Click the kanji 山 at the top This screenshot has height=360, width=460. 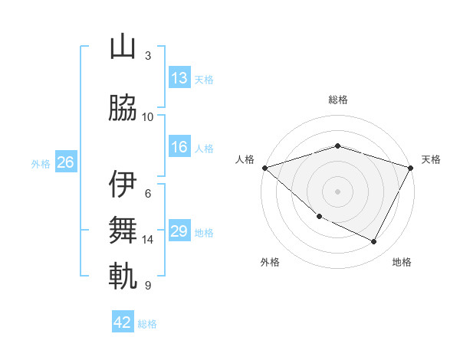tap(123, 48)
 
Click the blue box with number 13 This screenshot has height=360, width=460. tap(179, 78)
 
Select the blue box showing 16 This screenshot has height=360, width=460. tap(179, 148)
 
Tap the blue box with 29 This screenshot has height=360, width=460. tap(179, 232)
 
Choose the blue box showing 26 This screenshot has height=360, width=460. tap(65, 162)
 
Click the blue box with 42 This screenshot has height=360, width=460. tap(123, 322)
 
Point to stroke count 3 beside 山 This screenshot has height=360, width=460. tap(147, 56)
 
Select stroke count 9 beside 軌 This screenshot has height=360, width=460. tap(147, 286)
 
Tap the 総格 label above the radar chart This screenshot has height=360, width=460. tap(337, 100)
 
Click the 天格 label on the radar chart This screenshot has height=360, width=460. tap(432, 159)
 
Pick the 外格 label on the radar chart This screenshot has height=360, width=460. tap(269, 262)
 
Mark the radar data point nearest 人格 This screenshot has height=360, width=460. tap(264, 168)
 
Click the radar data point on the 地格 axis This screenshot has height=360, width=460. tap(374, 242)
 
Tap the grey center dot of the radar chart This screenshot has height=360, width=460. tap(337, 191)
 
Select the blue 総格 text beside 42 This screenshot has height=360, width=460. tap(147, 324)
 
